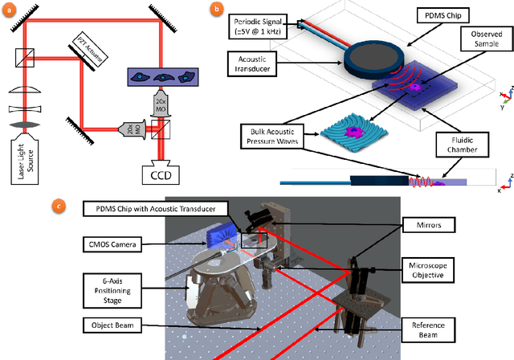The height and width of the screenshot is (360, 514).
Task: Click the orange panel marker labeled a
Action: click(x=9, y=9)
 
